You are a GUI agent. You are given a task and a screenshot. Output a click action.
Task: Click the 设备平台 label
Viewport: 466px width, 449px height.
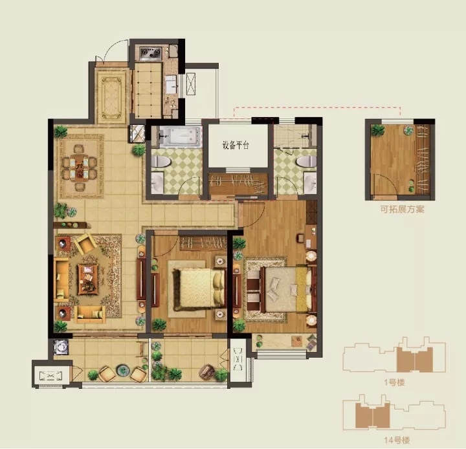click(236, 146)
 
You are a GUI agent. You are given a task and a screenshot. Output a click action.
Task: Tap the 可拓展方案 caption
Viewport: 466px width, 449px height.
click(402, 209)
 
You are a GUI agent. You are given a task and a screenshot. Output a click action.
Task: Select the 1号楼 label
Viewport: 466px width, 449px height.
click(394, 382)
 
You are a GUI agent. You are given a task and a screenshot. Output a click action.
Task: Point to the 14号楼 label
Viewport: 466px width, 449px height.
click(397, 440)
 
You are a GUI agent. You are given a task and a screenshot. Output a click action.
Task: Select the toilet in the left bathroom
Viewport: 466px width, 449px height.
click(161, 162)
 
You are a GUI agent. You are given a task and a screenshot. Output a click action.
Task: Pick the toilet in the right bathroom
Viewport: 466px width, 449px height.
click(307, 162)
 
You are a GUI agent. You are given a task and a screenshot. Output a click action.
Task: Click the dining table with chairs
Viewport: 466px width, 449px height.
click(79, 168)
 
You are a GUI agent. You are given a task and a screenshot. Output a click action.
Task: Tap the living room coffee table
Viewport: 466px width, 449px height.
click(88, 279)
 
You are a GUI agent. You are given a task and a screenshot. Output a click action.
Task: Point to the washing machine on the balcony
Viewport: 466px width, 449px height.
click(61, 347)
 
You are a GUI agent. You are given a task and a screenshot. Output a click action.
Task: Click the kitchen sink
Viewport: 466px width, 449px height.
click(171, 84)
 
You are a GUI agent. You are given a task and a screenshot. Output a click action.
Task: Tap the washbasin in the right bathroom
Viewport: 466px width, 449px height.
click(311, 182)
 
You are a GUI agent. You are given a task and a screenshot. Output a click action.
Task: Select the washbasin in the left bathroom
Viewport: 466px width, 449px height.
click(157, 182)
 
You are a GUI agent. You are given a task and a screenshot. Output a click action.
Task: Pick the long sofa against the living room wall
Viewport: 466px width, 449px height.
click(61, 279)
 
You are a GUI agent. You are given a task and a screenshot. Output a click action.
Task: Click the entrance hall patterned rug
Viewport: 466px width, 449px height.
click(111, 96)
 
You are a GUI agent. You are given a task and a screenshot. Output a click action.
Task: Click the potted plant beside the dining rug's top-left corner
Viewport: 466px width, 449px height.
click(61, 131)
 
